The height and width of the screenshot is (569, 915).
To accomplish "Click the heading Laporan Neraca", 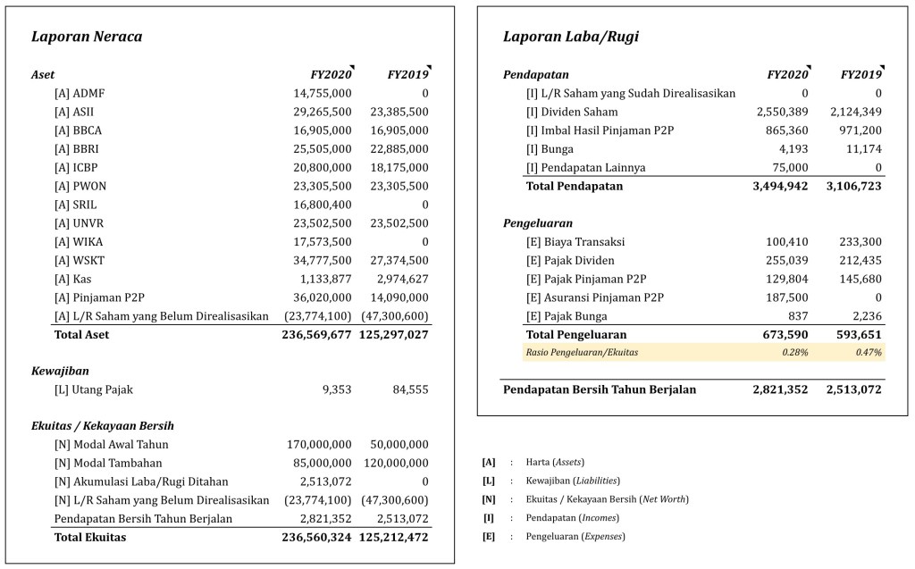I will (x=87, y=38).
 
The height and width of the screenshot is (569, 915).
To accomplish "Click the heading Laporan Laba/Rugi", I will (x=571, y=38).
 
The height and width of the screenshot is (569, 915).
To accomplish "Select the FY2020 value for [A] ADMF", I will (x=323, y=93).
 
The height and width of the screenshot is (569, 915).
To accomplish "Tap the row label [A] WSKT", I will (x=79, y=261).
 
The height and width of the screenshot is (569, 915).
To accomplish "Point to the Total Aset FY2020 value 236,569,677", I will (x=305, y=335).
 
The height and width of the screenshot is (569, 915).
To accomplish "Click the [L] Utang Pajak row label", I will (x=94, y=389).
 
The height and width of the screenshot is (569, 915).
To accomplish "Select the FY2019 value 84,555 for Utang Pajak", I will (x=410, y=389).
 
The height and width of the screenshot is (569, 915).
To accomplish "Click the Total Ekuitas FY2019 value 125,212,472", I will (x=394, y=538).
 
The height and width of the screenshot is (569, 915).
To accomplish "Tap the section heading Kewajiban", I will (x=60, y=371).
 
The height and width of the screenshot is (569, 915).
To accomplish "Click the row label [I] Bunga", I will (x=550, y=149).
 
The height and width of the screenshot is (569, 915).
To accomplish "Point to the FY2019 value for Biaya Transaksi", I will (x=860, y=241).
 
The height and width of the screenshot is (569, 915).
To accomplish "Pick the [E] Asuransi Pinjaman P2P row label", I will (x=595, y=297).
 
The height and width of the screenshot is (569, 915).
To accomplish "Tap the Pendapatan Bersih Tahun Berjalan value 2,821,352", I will (x=780, y=389).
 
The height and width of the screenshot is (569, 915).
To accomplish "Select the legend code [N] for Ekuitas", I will (x=489, y=498).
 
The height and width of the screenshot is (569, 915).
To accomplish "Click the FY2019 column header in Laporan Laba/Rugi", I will (x=860, y=75).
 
